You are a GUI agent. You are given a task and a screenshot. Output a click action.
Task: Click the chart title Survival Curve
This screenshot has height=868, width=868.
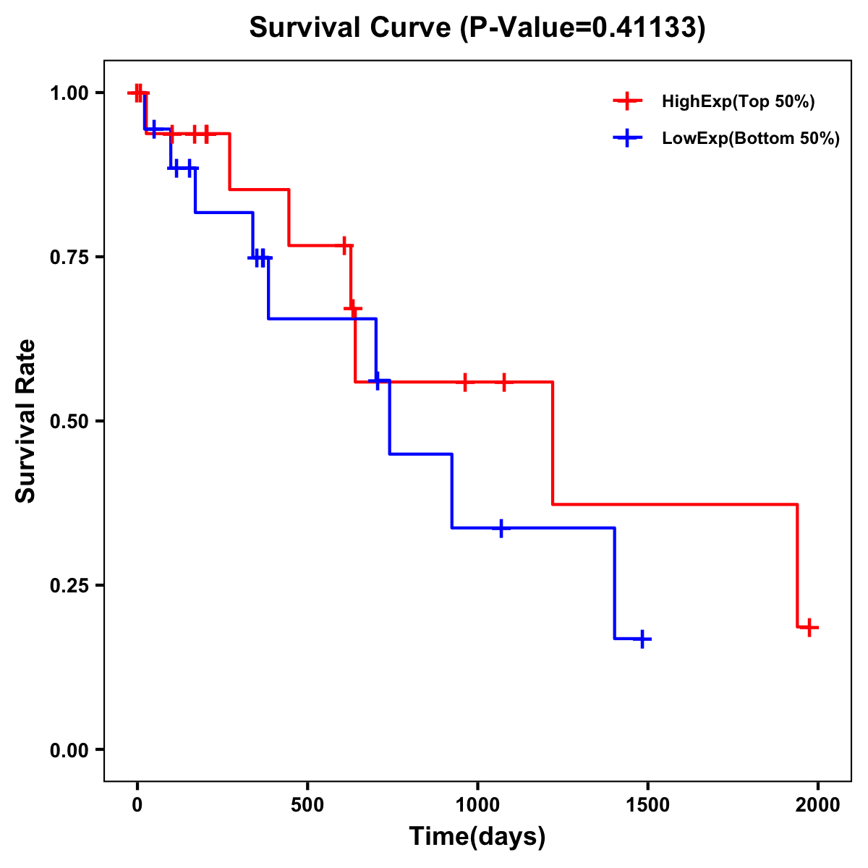click(x=477, y=28)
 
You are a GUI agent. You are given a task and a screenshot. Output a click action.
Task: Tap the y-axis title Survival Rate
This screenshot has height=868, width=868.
click(x=26, y=421)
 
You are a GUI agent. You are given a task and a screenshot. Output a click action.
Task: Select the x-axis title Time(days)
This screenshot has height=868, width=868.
click(x=477, y=837)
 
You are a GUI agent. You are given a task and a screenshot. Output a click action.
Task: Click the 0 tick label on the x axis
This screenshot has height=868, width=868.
click(x=137, y=804)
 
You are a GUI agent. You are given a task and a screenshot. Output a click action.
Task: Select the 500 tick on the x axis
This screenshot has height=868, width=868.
click(x=307, y=804)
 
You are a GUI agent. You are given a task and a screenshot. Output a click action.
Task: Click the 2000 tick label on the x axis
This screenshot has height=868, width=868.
click(x=818, y=804)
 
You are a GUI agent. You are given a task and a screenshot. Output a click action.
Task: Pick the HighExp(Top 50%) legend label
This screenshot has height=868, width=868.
click(x=739, y=102)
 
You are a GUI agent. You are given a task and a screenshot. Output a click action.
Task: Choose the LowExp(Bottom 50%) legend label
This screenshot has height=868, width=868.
click(x=751, y=139)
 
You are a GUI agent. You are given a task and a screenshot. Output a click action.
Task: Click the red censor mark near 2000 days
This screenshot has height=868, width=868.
click(x=810, y=627)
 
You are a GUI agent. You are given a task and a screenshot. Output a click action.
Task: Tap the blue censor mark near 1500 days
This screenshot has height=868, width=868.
click(x=642, y=639)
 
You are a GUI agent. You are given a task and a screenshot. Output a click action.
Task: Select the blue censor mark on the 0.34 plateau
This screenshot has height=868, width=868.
click(x=501, y=528)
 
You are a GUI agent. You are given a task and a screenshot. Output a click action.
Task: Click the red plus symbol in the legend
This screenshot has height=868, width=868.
click(x=628, y=102)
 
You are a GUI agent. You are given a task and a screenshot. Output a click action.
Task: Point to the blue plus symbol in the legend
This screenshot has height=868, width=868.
click(x=628, y=139)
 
